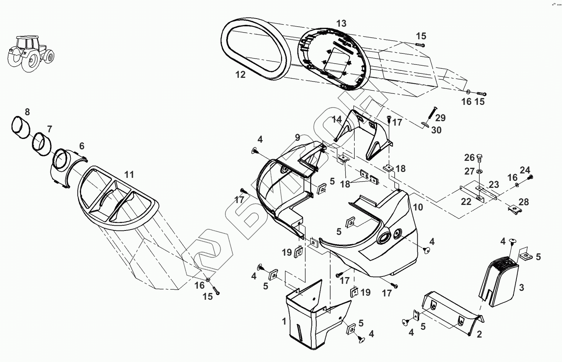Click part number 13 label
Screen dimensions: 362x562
point(341,23)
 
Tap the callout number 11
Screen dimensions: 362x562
point(129,174)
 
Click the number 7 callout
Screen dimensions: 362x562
point(50,129)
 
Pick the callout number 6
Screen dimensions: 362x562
point(81,146)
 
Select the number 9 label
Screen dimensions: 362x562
point(297,138)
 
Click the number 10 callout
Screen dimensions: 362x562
point(418,207)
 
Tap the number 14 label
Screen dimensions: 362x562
point(337,120)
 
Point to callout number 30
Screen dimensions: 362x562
point(436,130)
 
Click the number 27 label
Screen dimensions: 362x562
point(469,171)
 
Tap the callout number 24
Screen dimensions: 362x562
point(525,170)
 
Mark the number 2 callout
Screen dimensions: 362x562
point(479,334)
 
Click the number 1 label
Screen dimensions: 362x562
point(284,321)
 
